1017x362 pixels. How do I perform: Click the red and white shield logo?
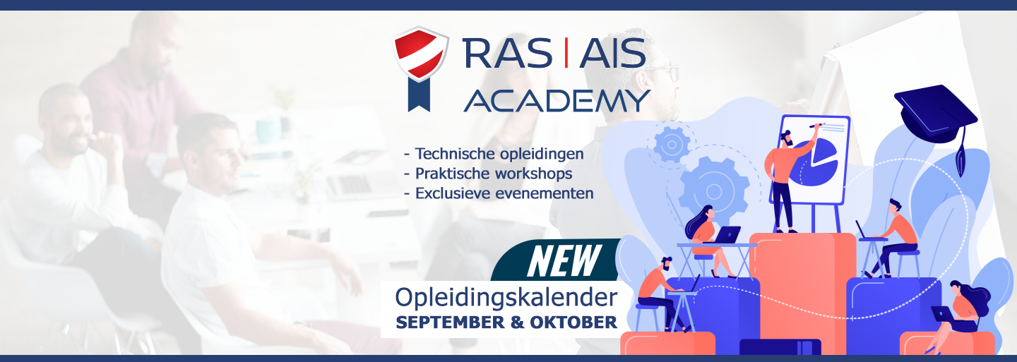(x=420, y=54)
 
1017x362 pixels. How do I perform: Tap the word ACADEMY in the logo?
(x=557, y=100)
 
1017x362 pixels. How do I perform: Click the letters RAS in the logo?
(x=507, y=53)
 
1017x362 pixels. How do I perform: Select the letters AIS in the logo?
(x=612, y=53)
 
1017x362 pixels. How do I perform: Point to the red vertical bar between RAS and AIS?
(x=566, y=53)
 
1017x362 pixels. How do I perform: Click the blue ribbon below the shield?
(x=419, y=95)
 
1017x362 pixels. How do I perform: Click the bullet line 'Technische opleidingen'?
(x=494, y=154)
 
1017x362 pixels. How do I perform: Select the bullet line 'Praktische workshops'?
(x=488, y=174)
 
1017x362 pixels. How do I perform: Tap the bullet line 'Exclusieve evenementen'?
(x=499, y=193)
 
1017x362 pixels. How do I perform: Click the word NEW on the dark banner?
(x=564, y=261)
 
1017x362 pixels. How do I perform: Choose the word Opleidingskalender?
(x=506, y=298)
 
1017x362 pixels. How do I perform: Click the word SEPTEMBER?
(x=450, y=322)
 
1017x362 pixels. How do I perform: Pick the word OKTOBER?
(x=573, y=322)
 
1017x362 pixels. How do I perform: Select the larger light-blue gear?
(x=714, y=191)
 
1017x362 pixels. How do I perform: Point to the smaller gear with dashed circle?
(x=672, y=144)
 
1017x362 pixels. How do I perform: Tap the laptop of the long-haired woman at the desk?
(x=727, y=234)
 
